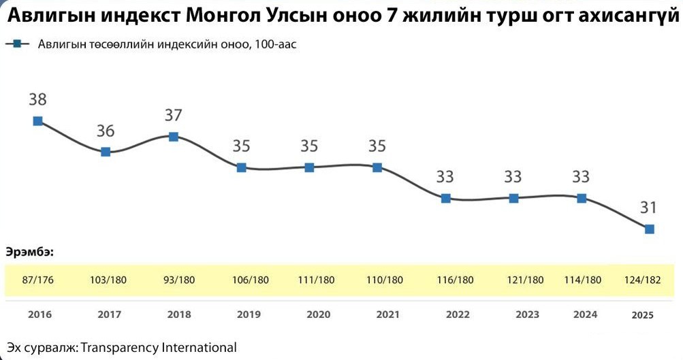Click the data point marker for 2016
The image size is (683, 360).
click(x=38, y=121)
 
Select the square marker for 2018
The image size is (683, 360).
click(x=174, y=137)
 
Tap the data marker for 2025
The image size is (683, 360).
click(x=650, y=229)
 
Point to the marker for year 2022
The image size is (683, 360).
click(x=445, y=198)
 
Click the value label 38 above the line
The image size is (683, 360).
click(x=37, y=99)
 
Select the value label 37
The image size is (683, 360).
click(x=174, y=115)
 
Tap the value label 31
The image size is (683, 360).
click(x=649, y=207)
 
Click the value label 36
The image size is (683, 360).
click(x=106, y=131)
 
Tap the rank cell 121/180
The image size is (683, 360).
click(x=526, y=280)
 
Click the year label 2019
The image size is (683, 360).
click(x=248, y=314)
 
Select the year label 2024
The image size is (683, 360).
click(x=585, y=314)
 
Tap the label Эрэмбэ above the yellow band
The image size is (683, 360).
click(x=29, y=252)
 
